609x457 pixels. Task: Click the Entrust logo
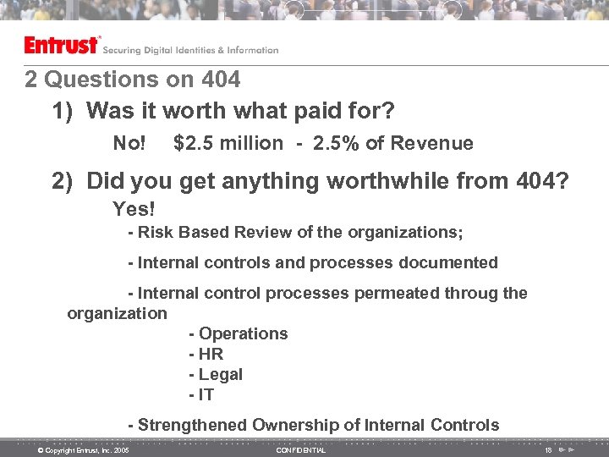click(x=62, y=46)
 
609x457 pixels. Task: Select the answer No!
click(x=129, y=144)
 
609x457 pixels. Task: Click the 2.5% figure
click(x=336, y=144)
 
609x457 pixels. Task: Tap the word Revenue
click(x=434, y=144)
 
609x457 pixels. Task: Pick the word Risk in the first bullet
click(x=155, y=232)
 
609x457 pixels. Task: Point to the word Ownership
click(x=289, y=425)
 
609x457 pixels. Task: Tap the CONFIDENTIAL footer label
click(x=301, y=450)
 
